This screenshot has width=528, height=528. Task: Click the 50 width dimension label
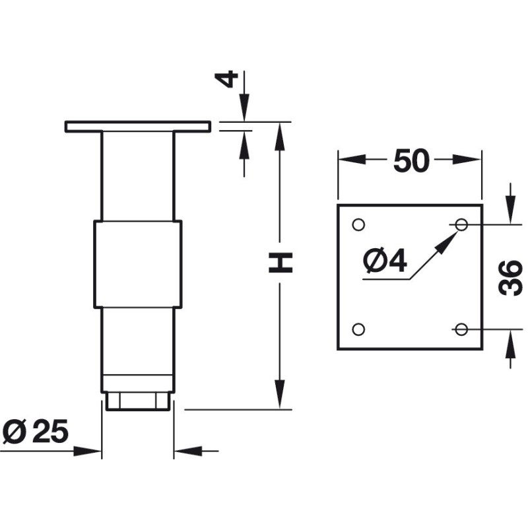point(411,161)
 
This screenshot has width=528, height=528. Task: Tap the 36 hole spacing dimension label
point(510,278)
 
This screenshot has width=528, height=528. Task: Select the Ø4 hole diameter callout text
point(385,260)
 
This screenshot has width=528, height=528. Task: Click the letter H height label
point(280,263)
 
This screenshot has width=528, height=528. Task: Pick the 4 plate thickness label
point(226,79)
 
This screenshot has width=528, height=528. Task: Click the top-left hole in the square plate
point(358,224)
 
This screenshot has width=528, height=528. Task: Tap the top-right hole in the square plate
point(461,224)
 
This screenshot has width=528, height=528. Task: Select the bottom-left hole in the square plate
point(358,329)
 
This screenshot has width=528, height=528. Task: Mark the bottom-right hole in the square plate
point(461,329)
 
